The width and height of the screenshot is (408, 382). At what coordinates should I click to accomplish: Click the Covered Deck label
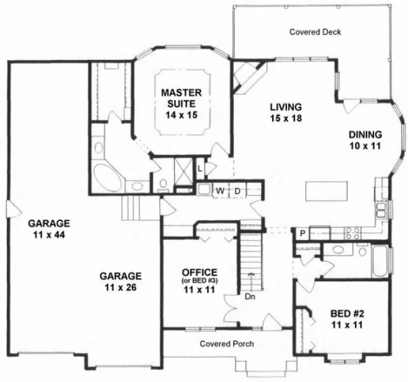click(315, 32)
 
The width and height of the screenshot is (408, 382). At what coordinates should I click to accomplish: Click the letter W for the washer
click(220, 190)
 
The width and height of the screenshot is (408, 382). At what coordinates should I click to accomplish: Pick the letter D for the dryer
click(236, 190)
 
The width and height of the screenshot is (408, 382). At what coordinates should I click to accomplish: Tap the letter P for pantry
click(302, 233)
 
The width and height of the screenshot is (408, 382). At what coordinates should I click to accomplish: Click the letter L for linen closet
click(199, 169)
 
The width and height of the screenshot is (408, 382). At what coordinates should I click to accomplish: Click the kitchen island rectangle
click(323, 189)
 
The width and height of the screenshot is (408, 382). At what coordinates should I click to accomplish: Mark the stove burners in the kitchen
click(352, 232)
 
